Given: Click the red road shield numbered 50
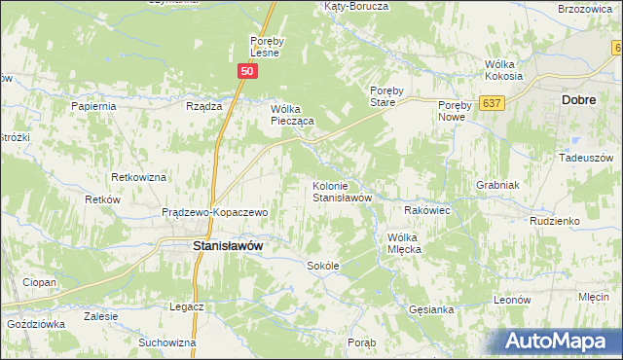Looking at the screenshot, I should click(247, 72).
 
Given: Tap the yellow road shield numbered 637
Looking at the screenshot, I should click(492, 102).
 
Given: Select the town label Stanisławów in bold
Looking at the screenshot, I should click(228, 247).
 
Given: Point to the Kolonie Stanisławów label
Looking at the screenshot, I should click(342, 191).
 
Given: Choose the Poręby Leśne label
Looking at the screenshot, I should click(266, 47).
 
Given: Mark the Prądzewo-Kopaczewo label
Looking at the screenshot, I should click(214, 211).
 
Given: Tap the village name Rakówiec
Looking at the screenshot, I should click(425, 209).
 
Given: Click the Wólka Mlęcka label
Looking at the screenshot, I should click(417, 242).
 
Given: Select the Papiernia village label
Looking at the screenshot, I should click(93, 106).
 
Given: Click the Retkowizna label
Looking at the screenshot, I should click(139, 178).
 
